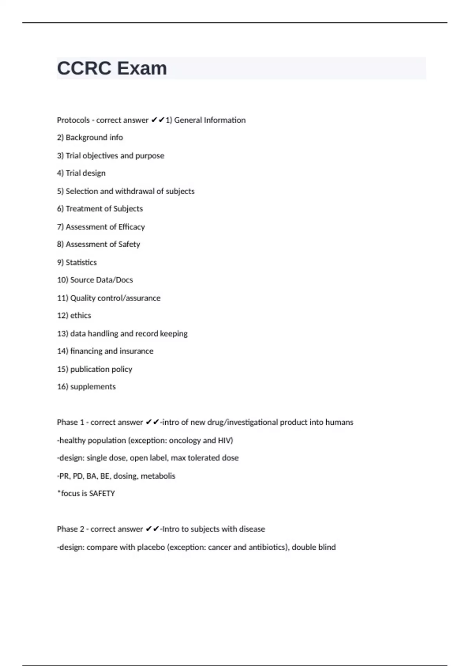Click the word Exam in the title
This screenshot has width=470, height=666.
pyautogui.click(x=142, y=69)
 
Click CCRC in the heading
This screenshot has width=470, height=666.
pyautogui.click(x=84, y=69)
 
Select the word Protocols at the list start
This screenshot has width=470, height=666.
pyautogui.click(x=73, y=120)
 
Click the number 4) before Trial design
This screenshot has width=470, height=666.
pyautogui.click(x=60, y=173)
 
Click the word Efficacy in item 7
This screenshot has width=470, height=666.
pyautogui.click(x=132, y=227)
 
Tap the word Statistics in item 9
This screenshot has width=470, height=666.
pyautogui.click(x=81, y=262)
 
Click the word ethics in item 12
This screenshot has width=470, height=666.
pyautogui.click(x=81, y=316)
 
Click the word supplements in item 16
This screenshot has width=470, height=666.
pyautogui.click(x=93, y=387)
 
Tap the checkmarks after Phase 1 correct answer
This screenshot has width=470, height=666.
pyautogui.click(x=152, y=422)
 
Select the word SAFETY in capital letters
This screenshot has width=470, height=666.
pyautogui.click(x=102, y=494)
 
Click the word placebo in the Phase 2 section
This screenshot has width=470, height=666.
pyautogui.click(x=151, y=547)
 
